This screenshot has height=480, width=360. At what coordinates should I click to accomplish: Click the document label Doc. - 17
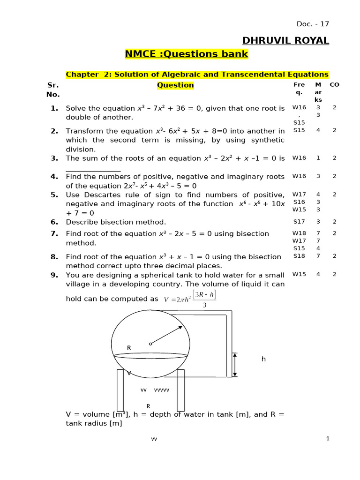[313, 24]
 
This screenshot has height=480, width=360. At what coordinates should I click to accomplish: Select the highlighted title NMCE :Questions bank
[186, 54]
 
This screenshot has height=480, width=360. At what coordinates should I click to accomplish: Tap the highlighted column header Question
[175, 85]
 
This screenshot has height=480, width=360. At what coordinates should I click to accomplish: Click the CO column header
[334, 85]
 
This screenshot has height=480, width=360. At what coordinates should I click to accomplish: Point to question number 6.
[54, 222]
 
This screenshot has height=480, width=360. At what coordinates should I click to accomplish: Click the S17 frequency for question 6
[299, 222]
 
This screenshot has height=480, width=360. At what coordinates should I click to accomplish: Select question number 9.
[54, 275]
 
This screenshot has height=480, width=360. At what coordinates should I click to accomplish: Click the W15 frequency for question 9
[299, 274]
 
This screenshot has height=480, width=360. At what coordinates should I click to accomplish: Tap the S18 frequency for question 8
[299, 256]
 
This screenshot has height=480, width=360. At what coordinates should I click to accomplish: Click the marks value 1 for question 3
[318, 158]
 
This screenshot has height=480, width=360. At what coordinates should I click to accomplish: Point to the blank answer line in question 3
[93, 171]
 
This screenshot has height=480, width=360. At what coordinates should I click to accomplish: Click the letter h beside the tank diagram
[263, 359]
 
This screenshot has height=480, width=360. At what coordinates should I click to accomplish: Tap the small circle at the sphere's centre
[150, 344]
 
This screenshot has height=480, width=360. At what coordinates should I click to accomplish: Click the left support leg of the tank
[120, 390]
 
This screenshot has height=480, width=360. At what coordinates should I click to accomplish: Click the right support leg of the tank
[180, 390]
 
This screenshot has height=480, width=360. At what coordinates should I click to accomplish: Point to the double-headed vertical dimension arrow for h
[235, 365]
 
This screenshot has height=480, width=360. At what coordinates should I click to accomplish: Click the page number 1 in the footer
[328, 438]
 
